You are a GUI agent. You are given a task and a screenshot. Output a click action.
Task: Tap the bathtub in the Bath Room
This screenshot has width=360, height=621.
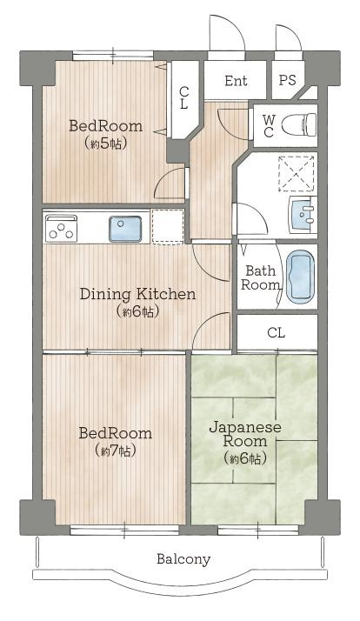301,277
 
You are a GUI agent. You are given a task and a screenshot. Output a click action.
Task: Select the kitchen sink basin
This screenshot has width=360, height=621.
125,229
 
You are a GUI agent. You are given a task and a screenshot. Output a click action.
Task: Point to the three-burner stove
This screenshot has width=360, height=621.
61,228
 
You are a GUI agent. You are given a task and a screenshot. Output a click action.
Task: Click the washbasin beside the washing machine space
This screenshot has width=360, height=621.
303,215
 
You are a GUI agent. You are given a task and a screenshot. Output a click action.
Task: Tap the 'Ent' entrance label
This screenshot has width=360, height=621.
236,81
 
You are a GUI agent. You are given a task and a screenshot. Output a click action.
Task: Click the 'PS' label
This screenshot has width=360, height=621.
287,80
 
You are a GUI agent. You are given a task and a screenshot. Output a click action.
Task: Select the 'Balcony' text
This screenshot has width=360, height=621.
183,559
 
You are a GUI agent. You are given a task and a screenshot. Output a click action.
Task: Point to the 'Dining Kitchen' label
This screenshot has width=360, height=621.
137,294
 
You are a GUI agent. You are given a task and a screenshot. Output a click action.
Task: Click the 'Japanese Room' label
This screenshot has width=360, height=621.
245,434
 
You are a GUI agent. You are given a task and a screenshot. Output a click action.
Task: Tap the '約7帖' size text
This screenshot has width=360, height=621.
116,451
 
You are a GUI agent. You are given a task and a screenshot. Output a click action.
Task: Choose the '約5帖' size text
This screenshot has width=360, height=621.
106,144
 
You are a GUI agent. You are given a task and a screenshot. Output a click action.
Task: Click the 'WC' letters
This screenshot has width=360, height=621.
269,125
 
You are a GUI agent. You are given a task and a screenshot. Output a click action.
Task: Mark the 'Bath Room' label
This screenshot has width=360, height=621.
260,278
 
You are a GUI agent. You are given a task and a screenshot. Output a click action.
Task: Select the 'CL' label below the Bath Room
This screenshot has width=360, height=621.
276,332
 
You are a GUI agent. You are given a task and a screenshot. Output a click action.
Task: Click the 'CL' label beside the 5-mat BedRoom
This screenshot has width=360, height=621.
183,98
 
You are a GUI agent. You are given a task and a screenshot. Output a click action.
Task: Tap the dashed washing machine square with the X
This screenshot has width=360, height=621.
297,173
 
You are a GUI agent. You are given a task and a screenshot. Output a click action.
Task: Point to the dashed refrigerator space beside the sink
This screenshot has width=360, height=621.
168,226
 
